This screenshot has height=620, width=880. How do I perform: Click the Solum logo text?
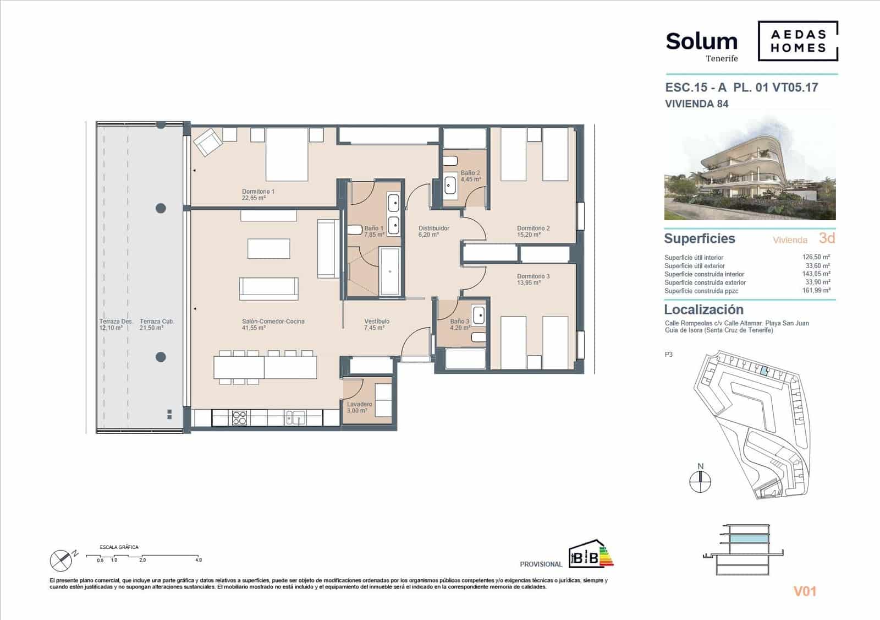coord(701,42)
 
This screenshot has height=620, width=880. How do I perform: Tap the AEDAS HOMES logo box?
coord(798,41)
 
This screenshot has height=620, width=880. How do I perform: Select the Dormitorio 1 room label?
coord(258,194)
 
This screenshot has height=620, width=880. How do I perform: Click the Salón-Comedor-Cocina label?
coord(273,324)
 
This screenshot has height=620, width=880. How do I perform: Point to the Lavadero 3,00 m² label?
coord(359,407)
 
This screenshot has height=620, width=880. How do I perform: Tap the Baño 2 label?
coord(470,176)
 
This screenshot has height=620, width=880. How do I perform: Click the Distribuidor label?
coord(433,231)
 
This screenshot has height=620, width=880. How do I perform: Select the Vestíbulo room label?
coord(377,324)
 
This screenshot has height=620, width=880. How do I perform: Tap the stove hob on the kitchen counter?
coord(239,418)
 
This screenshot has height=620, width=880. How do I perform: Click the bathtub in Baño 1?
coord(391,271)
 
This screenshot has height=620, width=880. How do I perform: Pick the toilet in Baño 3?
coord(479,337)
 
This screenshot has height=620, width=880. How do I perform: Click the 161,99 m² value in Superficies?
coord(816,290)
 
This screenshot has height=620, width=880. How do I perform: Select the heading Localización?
coord(703,309)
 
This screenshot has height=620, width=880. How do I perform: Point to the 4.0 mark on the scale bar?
coord(198,560)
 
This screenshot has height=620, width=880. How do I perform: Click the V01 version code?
coord(805,591)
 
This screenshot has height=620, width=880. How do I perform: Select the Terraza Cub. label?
coord(157,324)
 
